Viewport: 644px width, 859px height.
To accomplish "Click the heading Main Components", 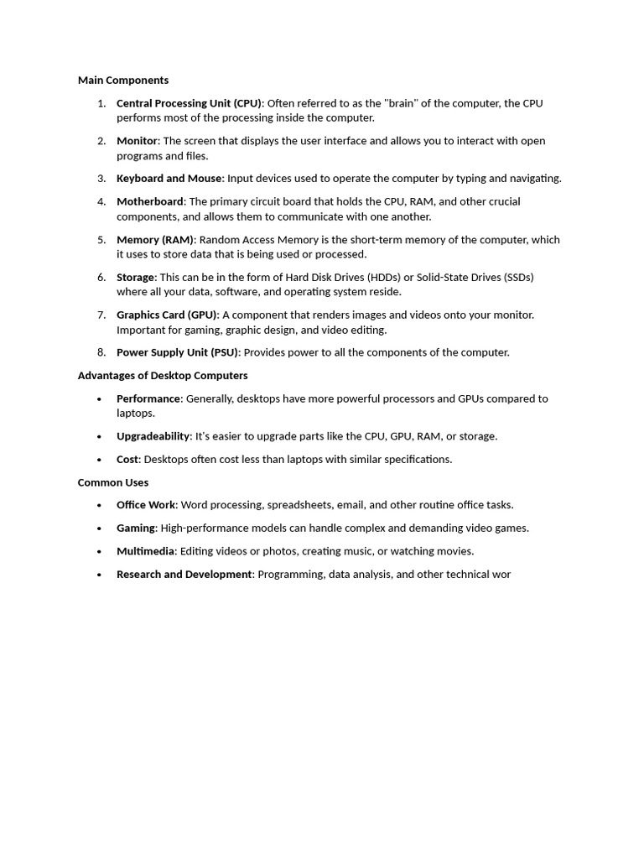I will (123, 81).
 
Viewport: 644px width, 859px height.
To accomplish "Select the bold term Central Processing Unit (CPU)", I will (189, 103).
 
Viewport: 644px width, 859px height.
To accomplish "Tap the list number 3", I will (101, 179).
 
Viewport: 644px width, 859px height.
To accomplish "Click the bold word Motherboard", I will (150, 201).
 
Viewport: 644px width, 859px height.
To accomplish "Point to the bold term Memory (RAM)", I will (155, 240).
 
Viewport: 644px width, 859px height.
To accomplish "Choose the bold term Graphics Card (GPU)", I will (167, 315).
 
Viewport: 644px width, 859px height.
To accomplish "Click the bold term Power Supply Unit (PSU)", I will (178, 353).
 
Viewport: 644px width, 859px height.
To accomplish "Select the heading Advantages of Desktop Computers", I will (163, 376).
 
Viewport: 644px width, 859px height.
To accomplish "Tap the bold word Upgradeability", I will (153, 436).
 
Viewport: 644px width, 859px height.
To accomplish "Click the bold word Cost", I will (128, 460).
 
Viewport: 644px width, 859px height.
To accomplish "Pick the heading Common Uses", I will (113, 483).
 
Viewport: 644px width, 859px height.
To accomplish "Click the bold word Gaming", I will (136, 528).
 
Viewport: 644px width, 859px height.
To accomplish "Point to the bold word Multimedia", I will (145, 551).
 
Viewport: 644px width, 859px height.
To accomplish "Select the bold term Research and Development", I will (184, 575).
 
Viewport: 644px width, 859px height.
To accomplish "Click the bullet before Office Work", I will (99, 506).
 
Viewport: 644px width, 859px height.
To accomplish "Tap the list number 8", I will (101, 353).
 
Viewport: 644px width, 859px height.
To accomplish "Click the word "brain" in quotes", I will (402, 103).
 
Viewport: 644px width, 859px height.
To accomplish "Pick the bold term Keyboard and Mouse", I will (169, 179).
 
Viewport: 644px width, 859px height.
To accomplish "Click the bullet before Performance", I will (99, 399).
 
